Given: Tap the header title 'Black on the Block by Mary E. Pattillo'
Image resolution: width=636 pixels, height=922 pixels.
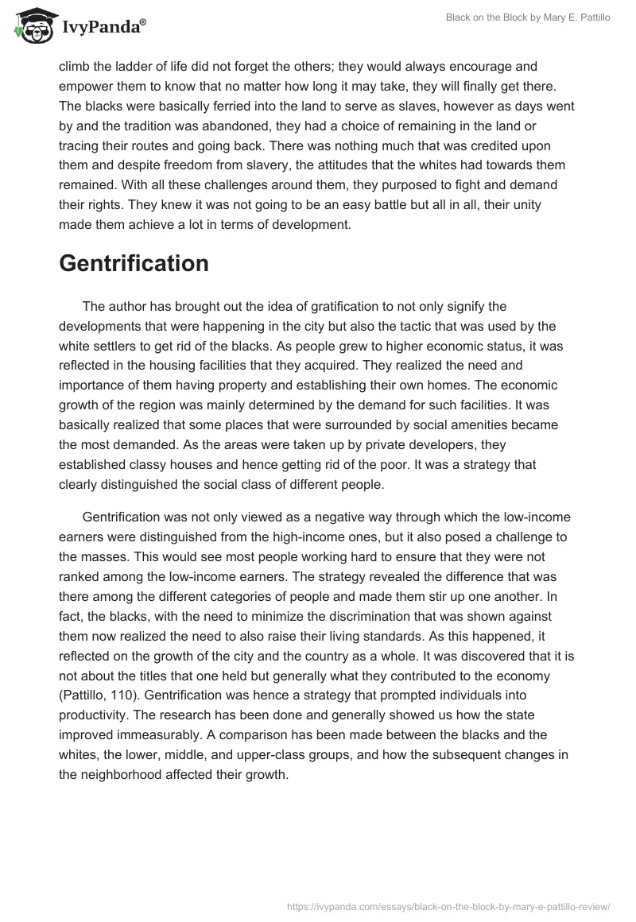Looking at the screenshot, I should [x=517, y=17].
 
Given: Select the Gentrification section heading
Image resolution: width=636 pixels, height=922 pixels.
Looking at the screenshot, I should [x=134, y=263].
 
